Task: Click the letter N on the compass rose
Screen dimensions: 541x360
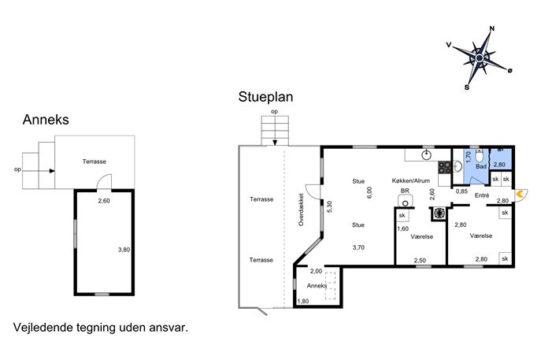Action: click(x=492, y=28)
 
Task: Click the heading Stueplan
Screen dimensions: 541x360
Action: click(x=265, y=97)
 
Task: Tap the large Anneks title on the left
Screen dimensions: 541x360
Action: click(x=46, y=120)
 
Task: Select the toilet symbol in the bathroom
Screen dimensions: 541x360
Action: click(x=480, y=156)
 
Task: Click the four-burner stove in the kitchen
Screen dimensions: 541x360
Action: click(x=445, y=168)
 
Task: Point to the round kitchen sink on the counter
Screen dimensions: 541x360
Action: click(x=427, y=155)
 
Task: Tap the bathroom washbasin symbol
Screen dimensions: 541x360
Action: click(x=458, y=166)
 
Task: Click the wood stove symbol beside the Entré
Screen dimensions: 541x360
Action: click(x=439, y=213)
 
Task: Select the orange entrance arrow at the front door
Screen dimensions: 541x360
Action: click(x=521, y=195)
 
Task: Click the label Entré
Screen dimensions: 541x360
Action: click(x=482, y=195)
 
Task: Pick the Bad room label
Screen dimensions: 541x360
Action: click(x=481, y=166)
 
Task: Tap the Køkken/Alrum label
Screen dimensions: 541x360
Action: click(x=411, y=181)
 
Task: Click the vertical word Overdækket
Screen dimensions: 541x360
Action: click(x=301, y=210)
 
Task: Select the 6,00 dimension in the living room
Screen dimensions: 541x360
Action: click(x=369, y=193)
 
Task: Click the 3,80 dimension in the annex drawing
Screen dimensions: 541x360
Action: click(x=124, y=250)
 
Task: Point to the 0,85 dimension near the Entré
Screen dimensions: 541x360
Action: click(x=461, y=191)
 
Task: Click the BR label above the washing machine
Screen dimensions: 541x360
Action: click(x=405, y=191)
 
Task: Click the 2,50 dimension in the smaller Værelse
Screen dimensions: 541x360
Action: click(x=420, y=261)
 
